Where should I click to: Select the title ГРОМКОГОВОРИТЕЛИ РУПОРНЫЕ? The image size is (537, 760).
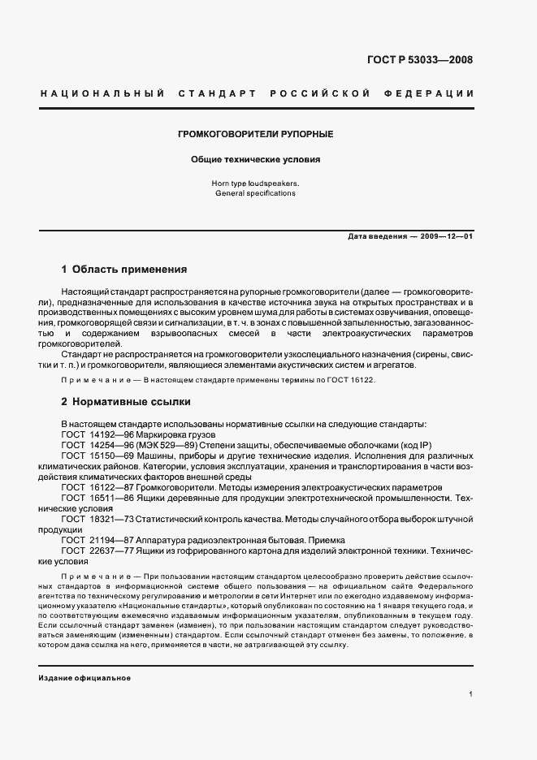pyautogui.click(x=256, y=133)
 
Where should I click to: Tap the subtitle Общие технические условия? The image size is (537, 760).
pyautogui.click(x=256, y=160)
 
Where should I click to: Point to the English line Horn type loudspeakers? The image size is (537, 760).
pyautogui.click(x=256, y=184)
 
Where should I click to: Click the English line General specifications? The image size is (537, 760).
pyautogui.click(x=256, y=194)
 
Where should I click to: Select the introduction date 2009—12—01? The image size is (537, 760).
pyautogui.click(x=444, y=235)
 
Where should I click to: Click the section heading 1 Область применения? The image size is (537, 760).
pyautogui.click(x=124, y=269)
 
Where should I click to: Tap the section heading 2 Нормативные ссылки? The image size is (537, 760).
pyautogui.click(x=123, y=401)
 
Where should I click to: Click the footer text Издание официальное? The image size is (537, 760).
pyautogui.click(x=84, y=677)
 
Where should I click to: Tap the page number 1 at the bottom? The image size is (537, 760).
pyautogui.click(x=470, y=694)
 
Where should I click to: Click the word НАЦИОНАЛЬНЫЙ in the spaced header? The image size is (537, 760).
pyautogui.click(x=97, y=93)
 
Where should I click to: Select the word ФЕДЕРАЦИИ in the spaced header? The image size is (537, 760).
pyautogui.click(x=435, y=93)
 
